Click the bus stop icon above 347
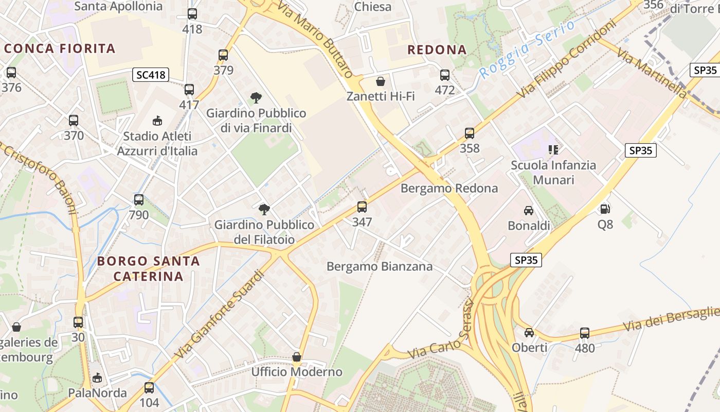[x=362, y=207]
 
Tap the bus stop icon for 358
[x=469, y=133]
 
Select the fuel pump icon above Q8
[x=605, y=209]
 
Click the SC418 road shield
[x=151, y=75]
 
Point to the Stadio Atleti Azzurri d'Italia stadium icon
[x=157, y=121]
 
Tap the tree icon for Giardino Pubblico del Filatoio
[x=264, y=209]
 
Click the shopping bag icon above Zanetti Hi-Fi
[x=381, y=81]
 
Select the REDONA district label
[x=437, y=50]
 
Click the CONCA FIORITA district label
[x=60, y=49]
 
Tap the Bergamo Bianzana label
[x=380, y=266]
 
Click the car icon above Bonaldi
[x=529, y=210]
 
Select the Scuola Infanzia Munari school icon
[x=553, y=150]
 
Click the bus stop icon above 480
[x=585, y=333]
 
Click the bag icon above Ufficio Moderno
[x=297, y=357]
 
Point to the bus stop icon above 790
[x=139, y=200]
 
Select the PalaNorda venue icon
[x=97, y=379]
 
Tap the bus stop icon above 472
[x=445, y=75]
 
